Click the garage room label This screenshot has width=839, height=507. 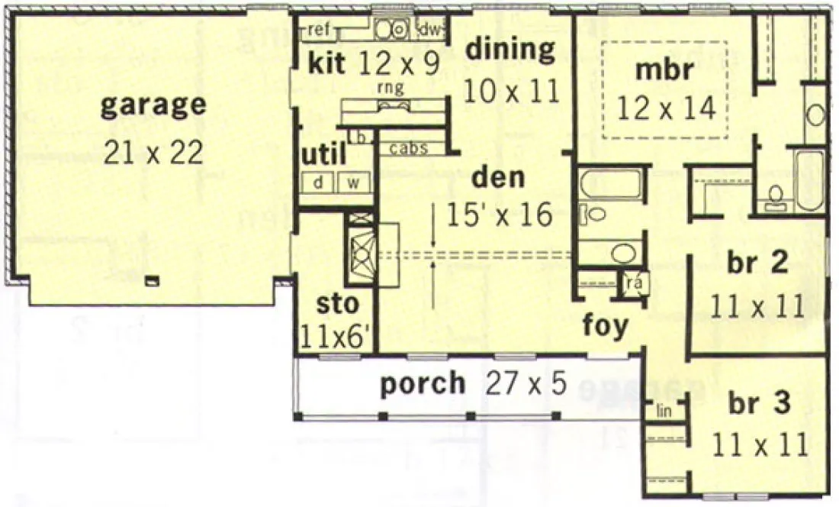click(153, 105)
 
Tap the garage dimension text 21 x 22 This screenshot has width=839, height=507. click(153, 153)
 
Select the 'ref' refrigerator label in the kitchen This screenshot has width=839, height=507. click(319, 31)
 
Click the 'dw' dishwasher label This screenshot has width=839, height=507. click(433, 31)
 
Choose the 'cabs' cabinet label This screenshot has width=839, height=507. click(408, 148)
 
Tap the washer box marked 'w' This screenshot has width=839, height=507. click(354, 183)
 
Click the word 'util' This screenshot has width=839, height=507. click(323, 155)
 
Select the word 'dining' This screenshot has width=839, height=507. click(510, 50)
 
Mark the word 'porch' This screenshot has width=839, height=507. click(423, 383)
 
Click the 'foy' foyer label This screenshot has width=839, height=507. click(606, 325)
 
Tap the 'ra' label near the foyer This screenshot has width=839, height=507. click(633, 284)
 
